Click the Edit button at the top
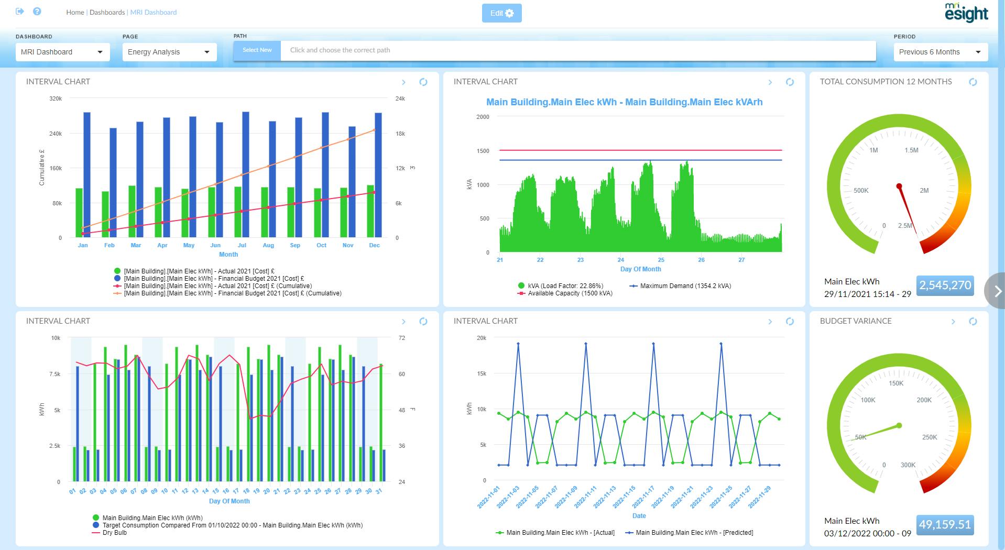[x=501, y=14]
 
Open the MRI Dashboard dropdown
[x=62, y=52]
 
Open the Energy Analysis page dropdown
[x=169, y=52]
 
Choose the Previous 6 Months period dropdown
[x=940, y=52]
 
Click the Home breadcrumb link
[x=75, y=12]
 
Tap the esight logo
[x=966, y=13]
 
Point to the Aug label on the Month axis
[x=268, y=245]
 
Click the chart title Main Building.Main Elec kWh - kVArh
[x=624, y=102]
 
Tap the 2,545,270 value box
[x=945, y=285]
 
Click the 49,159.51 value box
[x=945, y=525]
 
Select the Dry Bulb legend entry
[x=114, y=533]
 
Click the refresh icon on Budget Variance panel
[x=973, y=322]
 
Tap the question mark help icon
[x=37, y=12]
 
